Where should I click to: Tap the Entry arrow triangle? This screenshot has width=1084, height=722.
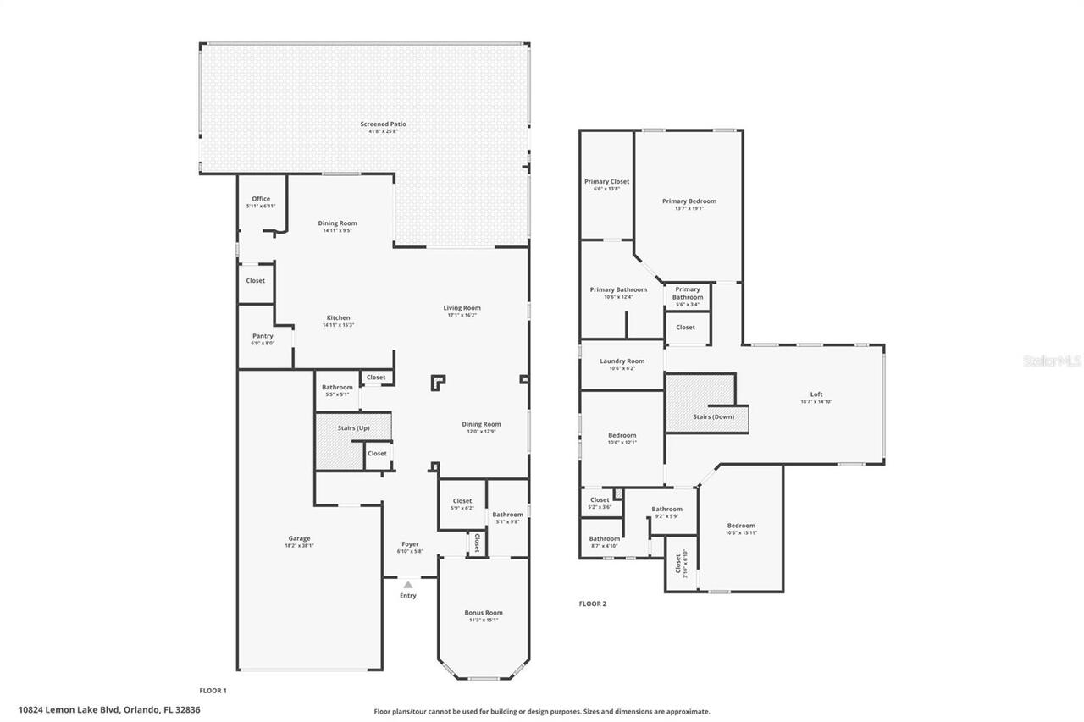coord(408,584)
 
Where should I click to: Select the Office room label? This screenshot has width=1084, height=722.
coord(261,199)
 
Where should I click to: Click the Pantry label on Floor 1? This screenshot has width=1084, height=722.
coord(263,336)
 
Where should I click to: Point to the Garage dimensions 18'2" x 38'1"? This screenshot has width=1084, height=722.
coord(299,546)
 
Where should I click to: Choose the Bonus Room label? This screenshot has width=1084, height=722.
coord(483,613)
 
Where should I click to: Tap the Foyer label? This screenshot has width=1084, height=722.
coord(410,544)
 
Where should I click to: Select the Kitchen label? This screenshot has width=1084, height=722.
coord(338,318)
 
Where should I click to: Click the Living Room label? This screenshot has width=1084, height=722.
coord(462,308)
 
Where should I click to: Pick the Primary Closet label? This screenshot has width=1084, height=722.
coord(606,181)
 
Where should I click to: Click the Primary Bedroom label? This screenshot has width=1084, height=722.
coord(689,201)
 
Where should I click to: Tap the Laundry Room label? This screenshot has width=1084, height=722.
coord(622,361)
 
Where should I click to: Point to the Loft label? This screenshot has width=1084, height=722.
coord(816,394)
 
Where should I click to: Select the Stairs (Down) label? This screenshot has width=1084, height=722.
coord(713,416)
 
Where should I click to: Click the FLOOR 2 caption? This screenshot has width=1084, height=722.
coord(593,604)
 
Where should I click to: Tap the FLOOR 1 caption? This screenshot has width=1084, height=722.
coord(213,691)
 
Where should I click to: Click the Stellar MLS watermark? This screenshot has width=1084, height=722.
coord(1052,361)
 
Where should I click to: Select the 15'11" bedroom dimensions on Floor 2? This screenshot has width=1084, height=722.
coord(740,533)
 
